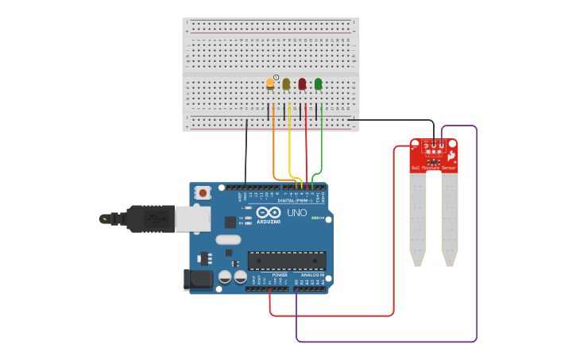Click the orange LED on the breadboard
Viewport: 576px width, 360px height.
(x=270, y=83)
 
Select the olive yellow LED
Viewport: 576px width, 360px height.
(x=286, y=83)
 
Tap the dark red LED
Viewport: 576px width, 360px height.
(x=302, y=83)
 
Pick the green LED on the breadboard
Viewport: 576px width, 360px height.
(x=319, y=83)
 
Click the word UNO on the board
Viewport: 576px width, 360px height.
(x=296, y=213)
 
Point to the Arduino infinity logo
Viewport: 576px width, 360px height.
(x=269, y=213)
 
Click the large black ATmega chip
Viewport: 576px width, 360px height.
(x=287, y=261)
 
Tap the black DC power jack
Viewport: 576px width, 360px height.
(x=199, y=279)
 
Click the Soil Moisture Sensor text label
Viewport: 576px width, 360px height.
(x=434, y=168)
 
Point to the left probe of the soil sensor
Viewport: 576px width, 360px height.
(x=418, y=219)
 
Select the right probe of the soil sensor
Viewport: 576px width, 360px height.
(x=450, y=219)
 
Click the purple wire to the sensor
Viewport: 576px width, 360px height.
(x=476, y=238)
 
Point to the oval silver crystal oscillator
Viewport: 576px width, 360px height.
(x=228, y=240)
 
